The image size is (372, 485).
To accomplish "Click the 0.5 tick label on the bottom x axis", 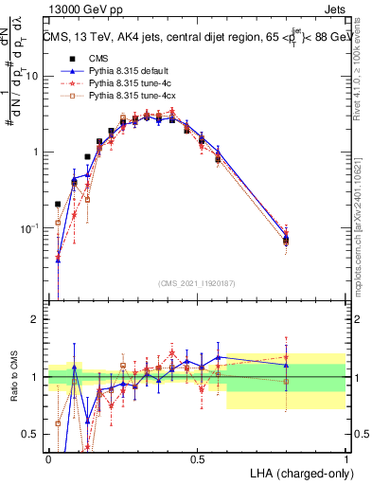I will click(197, 458).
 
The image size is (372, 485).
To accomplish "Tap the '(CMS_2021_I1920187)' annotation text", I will click(197, 282).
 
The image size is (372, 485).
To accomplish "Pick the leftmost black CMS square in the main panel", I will click(58, 204).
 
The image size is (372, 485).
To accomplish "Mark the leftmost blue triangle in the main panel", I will click(58, 259).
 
